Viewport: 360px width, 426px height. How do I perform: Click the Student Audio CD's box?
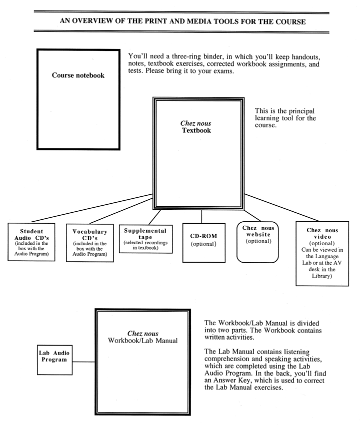click(x=31, y=242)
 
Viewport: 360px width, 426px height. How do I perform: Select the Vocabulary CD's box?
click(x=89, y=243)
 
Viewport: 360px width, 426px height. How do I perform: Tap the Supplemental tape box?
click(x=145, y=239)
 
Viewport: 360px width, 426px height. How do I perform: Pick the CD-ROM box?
click(x=203, y=243)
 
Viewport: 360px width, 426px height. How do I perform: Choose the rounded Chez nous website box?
click(x=257, y=242)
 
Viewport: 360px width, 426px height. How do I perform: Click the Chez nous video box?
click(x=322, y=254)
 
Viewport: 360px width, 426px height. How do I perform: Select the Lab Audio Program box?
click(x=54, y=360)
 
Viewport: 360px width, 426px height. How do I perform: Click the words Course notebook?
click(x=78, y=75)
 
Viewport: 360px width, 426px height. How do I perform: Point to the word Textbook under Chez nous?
click(x=196, y=130)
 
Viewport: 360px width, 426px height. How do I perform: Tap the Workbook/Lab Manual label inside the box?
click(x=142, y=341)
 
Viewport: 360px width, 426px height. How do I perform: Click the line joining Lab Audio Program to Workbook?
click(x=83, y=362)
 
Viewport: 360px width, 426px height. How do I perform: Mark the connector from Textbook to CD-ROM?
click(x=202, y=217)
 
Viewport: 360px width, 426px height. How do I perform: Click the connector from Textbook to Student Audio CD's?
click(x=92, y=208)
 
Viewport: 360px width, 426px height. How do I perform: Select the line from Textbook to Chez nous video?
click(x=281, y=208)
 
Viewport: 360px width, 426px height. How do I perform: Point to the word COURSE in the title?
click(x=290, y=22)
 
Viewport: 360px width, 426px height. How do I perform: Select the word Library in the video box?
click(x=322, y=276)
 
